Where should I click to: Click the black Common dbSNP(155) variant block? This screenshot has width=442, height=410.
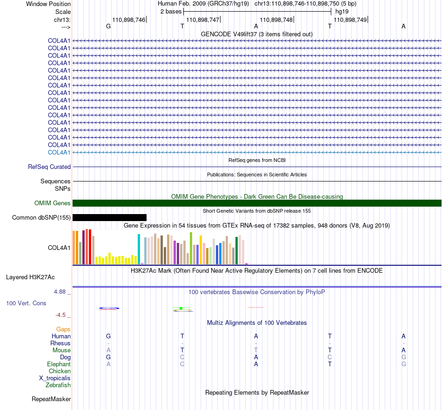pyautogui.click(x=109, y=217)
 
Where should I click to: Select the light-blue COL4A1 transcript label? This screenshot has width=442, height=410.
pyautogui.click(x=59, y=152)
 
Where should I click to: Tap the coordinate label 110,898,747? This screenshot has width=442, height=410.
pyautogui.click(x=203, y=20)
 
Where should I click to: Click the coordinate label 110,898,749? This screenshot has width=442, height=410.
pyautogui.click(x=350, y=20)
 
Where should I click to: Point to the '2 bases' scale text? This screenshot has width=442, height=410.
pyautogui.click(x=171, y=12)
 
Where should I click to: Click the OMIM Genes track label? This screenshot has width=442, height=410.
pyautogui.click(x=53, y=203)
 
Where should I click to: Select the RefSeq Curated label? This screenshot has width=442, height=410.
pyautogui.click(x=49, y=167)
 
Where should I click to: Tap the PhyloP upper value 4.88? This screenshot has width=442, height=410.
pyautogui.click(x=60, y=292)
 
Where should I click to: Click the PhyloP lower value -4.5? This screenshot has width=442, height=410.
pyautogui.click(x=60, y=315)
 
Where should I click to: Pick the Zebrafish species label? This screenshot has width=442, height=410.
pyautogui.click(x=58, y=385)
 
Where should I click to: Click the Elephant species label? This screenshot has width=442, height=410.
pyautogui.click(x=59, y=364)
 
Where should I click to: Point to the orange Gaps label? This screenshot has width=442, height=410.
pyautogui.click(x=63, y=329)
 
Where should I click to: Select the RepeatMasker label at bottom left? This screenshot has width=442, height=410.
pyautogui.click(x=51, y=399)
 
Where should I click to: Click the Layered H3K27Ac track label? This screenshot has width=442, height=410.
pyautogui.click(x=30, y=277)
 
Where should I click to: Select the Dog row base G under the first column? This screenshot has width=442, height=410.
pyautogui.click(x=108, y=357)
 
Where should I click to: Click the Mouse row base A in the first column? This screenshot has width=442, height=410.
pyautogui.click(x=108, y=350)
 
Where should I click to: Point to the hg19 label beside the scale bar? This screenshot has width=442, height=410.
pyautogui.click(x=342, y=12)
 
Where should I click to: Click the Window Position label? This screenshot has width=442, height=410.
pyautogui.click(x=48, y=4)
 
